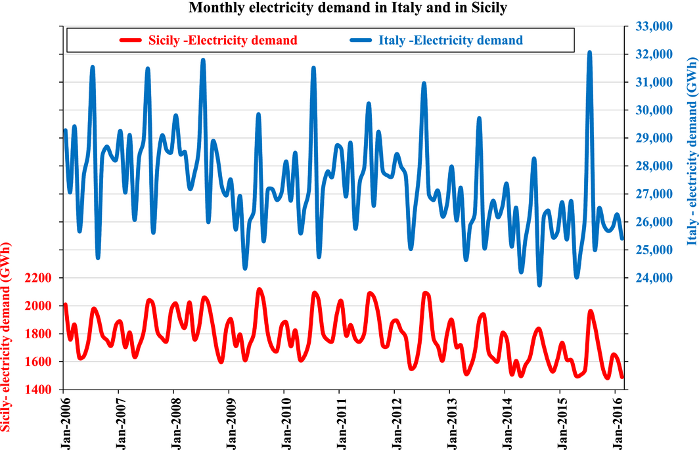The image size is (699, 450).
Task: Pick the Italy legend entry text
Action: tap(451, 40)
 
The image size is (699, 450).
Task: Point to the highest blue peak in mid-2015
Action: tap(589, 53)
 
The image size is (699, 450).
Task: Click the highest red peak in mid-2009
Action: tap(259, 290)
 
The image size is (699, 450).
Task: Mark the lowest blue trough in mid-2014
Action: tap(539, 284)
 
